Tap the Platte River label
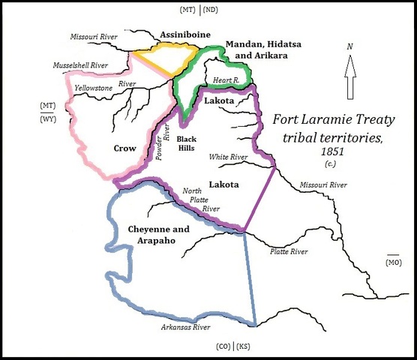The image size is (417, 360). tap(289, 251)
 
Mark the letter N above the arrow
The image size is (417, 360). tap(349, 47)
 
